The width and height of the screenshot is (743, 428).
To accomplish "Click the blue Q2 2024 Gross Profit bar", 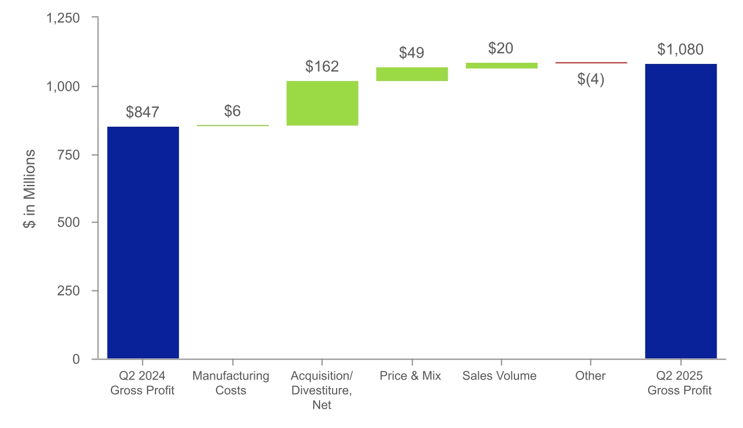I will (x=143, y=243).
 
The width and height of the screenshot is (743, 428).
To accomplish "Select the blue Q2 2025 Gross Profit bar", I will (x=681, y=211).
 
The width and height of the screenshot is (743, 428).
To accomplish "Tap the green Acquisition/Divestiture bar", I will (x=322, y=103).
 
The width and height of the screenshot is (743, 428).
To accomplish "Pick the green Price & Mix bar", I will (x=412, y=74).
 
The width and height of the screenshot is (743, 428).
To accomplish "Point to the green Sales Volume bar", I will (x=501, y=66).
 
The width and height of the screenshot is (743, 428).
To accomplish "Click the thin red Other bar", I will (x=591, y=63).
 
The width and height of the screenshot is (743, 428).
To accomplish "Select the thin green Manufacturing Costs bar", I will (x=233, y=126).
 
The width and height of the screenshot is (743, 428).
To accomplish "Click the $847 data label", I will (x=143, y=112).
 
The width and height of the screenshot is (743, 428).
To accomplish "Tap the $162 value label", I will (x=322, y=67).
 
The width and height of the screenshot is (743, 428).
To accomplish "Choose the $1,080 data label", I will (x=680, y=50).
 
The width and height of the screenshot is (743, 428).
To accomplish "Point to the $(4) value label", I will (x=591, y=79).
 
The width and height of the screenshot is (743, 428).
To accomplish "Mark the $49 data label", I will (x=412, y=53).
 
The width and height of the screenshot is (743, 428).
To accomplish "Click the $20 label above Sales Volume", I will (x=501, y=49).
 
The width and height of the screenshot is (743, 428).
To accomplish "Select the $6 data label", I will (x=232, y=111).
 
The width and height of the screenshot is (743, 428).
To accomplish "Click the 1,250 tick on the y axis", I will (x=63, y=18).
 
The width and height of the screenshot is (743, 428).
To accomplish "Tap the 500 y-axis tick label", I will (x=70, y=223).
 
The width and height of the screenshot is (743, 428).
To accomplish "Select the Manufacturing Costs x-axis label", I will (x=231, y=383).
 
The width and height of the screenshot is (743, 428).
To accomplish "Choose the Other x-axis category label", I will (x=591, y=376).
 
